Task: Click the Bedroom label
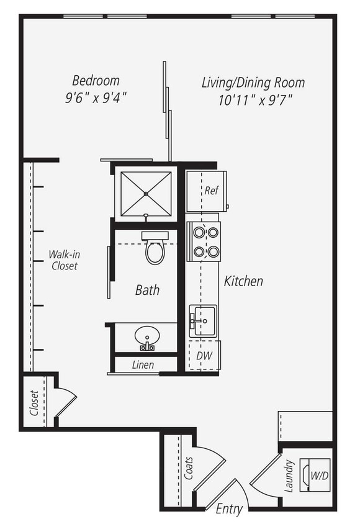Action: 96,81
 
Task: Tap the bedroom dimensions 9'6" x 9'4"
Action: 96,97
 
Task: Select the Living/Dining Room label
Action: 253,83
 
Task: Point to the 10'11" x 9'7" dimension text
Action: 253,99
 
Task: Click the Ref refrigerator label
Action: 211,191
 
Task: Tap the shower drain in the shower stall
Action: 146,194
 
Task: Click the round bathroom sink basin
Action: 147,337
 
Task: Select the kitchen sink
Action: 203,321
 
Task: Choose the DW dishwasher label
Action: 204,356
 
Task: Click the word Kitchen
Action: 243,281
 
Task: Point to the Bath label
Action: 147,290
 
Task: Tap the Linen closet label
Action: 143,365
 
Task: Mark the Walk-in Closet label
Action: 65,260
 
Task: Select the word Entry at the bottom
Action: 228,510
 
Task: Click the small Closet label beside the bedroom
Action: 34,402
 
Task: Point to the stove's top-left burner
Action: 199,232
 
